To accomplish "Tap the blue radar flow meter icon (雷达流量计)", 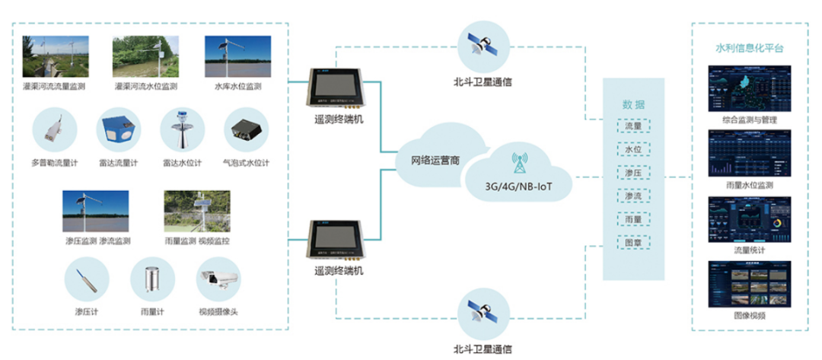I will point(118,131).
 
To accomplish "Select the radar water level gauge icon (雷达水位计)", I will point(183,131).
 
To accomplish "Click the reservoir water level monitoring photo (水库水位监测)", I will point(232,57).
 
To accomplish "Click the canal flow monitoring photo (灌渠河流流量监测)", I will point(53,57).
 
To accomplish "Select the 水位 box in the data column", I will point(632,149).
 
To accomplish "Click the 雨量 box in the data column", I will point(632,219).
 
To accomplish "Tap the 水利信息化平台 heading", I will point(749,48).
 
